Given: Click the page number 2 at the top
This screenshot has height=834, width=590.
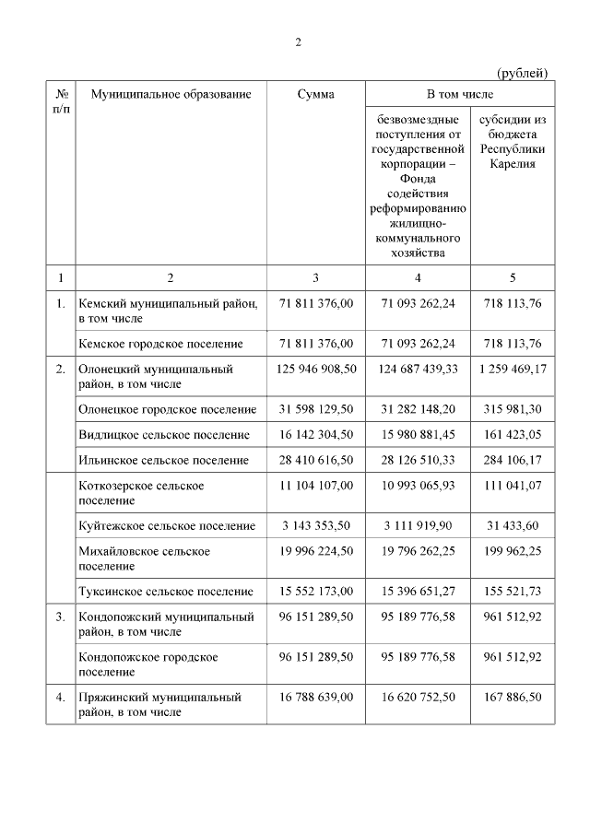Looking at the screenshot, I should pos(298,42).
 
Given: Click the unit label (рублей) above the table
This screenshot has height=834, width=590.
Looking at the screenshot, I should pos(523,73).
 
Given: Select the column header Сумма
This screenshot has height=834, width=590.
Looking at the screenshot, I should pos(316,94).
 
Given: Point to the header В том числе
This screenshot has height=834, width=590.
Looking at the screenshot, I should pos(459,94).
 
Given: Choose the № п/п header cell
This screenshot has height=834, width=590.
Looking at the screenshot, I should pos(61,101).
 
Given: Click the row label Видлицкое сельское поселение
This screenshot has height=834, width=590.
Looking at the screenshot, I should pos(164,434).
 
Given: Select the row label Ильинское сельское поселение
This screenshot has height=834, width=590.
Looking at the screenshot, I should pos(163,460).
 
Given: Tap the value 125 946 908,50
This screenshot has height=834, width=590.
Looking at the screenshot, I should pos(316,369).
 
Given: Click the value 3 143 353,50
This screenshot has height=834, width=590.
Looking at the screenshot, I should pos(316,525).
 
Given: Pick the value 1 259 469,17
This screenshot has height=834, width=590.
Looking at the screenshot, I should pos(513,369).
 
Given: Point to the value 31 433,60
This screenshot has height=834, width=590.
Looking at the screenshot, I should pos(513,525).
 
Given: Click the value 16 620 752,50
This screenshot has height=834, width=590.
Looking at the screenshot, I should pos(418,698).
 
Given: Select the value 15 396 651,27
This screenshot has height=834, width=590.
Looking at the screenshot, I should pos(418,591).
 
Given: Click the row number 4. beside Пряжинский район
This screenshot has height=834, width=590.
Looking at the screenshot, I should pos(60,698).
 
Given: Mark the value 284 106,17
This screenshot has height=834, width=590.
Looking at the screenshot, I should pos(513,460).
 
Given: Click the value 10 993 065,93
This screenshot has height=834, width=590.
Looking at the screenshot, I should pos(418,485).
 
